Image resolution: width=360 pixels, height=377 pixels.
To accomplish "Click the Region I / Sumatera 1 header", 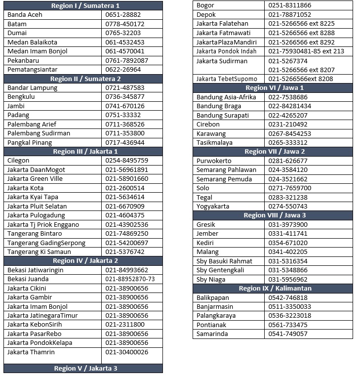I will pos(83,5).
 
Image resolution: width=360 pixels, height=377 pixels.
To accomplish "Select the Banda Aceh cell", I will pos(25,15).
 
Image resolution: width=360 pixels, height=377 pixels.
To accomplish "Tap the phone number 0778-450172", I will pos(125,24).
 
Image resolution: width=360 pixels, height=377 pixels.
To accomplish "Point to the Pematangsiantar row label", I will pos(33,70).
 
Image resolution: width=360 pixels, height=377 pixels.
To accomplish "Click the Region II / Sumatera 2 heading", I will pos(83,79).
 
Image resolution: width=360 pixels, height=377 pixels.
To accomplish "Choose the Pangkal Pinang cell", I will pos(30,142).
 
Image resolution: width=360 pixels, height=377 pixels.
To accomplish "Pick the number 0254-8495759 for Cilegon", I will pos(127,161).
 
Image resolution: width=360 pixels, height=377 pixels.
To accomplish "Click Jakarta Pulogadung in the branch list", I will pos(36,215).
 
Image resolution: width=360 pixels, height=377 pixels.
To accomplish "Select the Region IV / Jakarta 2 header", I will pos(83,260).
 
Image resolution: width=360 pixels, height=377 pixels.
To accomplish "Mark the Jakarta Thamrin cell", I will pos(31,352).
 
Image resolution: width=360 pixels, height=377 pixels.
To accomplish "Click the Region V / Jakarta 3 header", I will pos(83,368).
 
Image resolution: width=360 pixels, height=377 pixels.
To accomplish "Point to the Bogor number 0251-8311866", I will pos(290,5).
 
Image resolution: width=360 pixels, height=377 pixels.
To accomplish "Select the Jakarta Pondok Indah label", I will pos(227,51).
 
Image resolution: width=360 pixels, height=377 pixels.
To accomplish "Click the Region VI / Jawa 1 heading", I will pos(273,88).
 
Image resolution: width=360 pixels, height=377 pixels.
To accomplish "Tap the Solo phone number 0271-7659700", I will pos(290,188).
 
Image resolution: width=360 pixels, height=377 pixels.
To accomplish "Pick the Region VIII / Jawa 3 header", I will pos(273,215).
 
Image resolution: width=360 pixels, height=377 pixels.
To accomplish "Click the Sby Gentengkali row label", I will pos(221,270).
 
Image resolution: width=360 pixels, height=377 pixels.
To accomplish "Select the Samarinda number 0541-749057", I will pos(288,334).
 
